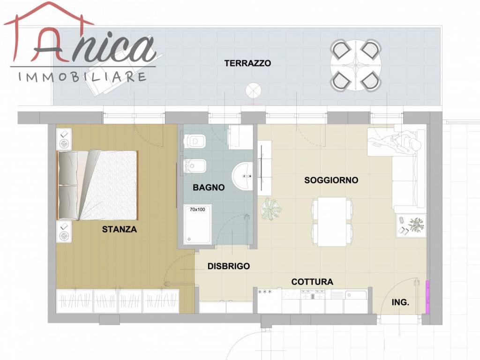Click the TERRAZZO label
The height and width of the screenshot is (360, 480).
click(x=247, y=63)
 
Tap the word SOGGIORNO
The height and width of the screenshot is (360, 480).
click(x=331, y=180)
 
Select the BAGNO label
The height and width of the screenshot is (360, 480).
click(x=209, y=187)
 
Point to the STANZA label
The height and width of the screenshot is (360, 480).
click(x=120, y=230)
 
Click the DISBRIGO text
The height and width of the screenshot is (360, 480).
click(x=229, y=266)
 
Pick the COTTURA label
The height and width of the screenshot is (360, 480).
click(x=312, y=282)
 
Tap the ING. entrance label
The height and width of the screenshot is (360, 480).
click(x=400, y=303)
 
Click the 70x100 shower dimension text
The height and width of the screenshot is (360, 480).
click(x=197, y=210)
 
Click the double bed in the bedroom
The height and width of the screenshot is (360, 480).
click(x=98, y=185)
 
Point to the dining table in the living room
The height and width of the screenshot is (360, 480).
click(x=332, y=222)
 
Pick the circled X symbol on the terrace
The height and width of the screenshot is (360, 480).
click(x=253, y=89)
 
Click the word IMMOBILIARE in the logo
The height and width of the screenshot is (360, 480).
click(x=82, y=77)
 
